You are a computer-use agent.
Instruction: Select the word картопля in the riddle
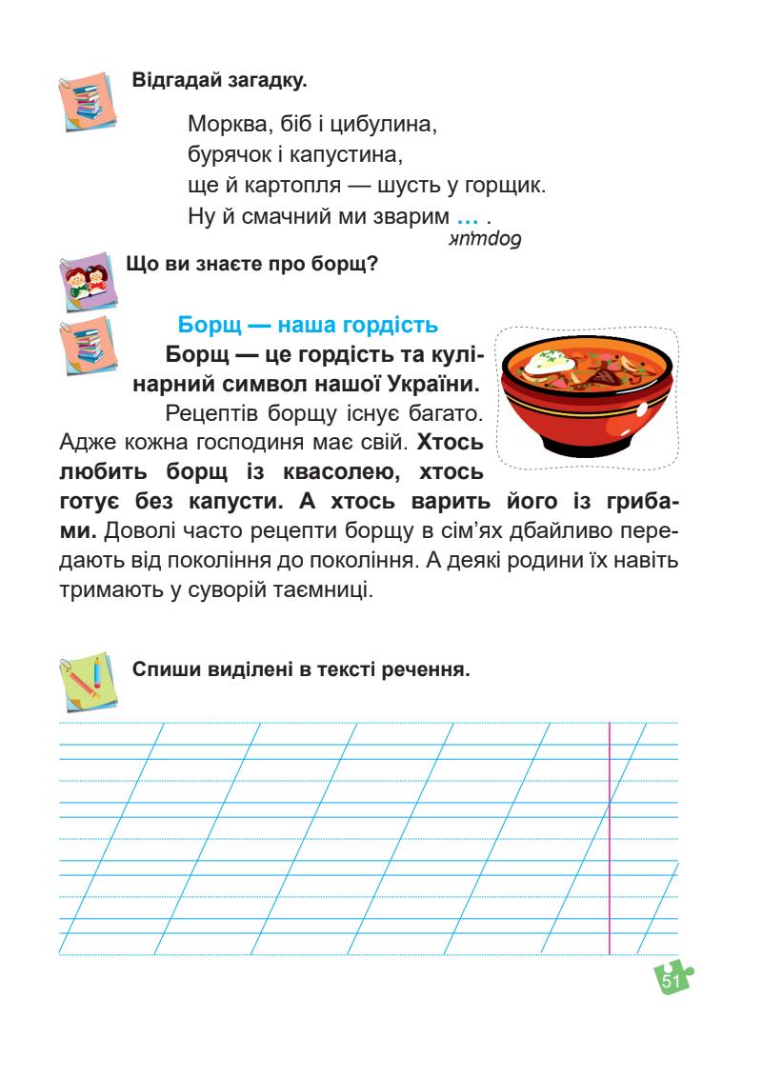(280, 185)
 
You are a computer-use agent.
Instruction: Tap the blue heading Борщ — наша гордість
(309, 324)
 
